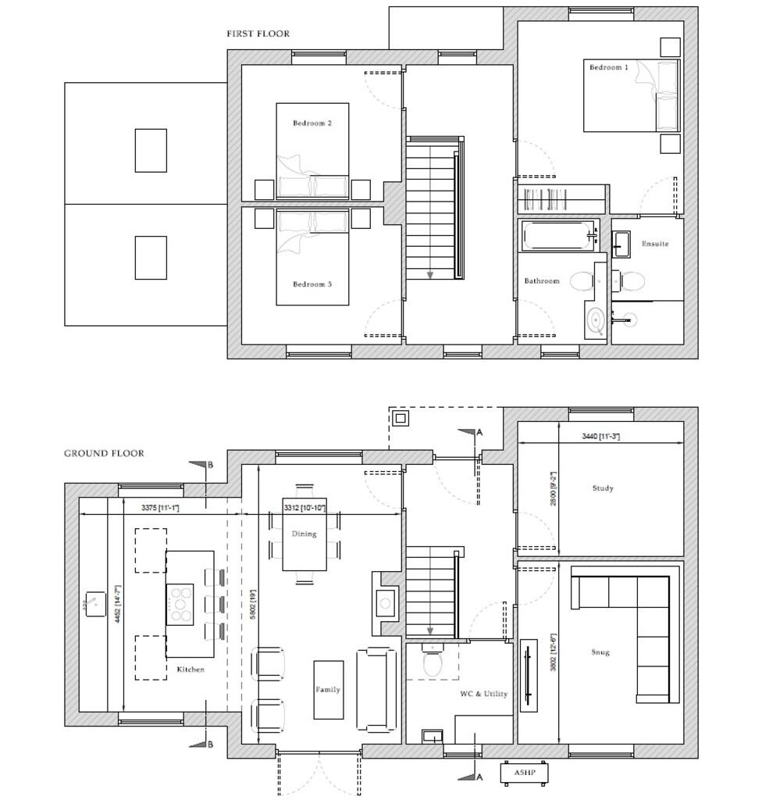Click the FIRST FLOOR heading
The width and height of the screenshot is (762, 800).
click(x=258, y=34)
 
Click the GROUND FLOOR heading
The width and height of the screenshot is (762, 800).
click(x=104, y=453)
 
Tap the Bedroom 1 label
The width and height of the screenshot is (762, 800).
click(x=608, y=68)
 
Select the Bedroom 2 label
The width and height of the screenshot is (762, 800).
click(x=312, y=123)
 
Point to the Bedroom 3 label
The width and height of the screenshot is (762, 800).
click(x=312, y=284)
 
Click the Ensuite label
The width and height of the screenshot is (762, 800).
click(x=655, y=244)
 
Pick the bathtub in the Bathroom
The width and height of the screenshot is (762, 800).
click(x=557, y=235)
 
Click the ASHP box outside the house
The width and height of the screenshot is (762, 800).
click(x=525, y=773)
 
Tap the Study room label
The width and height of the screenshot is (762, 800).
click(x=603, y=488)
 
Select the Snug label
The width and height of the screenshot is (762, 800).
click(x=601, y=652)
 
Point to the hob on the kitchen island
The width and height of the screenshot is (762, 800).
click(x=180, y=603)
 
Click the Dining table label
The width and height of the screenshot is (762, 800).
click(x=304, y=534)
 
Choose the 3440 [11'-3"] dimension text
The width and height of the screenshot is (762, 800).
click(x=601, y=436)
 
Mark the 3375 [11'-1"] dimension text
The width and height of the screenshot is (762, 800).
click(x=160, y=509)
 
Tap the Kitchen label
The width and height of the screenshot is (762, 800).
click(x=190, y=670)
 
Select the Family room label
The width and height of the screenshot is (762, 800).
click(x=328, y=690)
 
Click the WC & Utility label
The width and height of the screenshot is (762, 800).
click(x=484, y=694)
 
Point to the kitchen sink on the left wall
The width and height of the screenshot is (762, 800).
click(x=95, y=603)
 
